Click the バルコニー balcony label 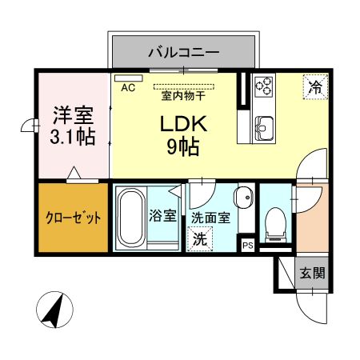[183, 53]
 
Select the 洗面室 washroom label [214, 217]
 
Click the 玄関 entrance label [313, 273]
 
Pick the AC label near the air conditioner [128, 90]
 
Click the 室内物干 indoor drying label [183, 95]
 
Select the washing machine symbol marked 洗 [197, 238]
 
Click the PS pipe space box [248, 246]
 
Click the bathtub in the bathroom [130, 218]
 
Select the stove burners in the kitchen [264, 86]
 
